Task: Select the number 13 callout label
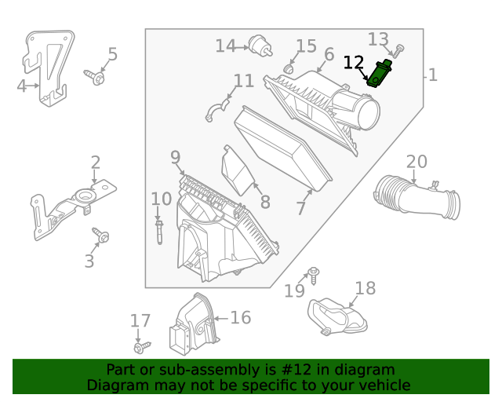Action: point(378,39)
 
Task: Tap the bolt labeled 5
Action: point(96,77)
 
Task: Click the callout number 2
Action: point(95,163)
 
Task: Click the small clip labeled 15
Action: point(288,69)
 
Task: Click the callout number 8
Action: point(265,203)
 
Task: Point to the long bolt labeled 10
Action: point(159,232)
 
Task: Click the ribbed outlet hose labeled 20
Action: point(416,196)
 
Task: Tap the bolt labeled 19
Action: point(313,273)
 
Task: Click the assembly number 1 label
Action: point(433,75)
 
